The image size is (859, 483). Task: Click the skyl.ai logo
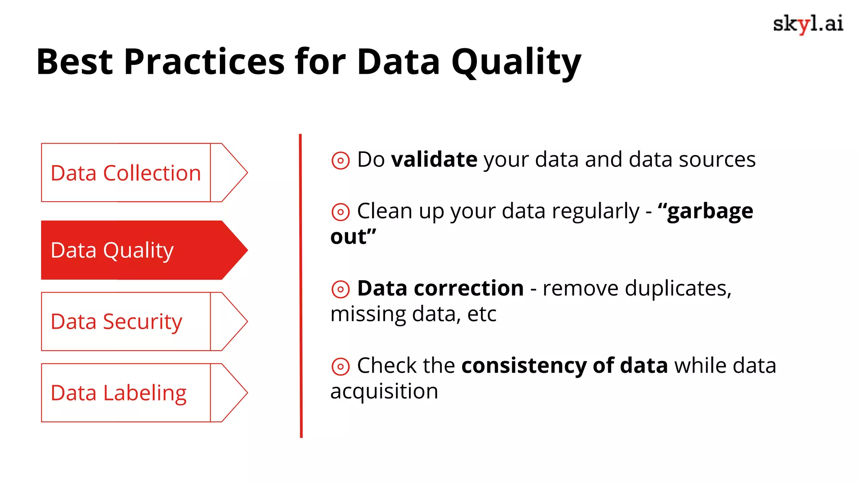pos(807,24)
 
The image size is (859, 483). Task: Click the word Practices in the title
pos(204,62)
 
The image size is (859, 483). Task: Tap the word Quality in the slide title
pos(516,62)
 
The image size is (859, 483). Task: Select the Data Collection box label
pos(125,173)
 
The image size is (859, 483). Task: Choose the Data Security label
pos(116,322)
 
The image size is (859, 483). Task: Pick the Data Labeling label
pos(118,393)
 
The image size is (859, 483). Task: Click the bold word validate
pos(434,160)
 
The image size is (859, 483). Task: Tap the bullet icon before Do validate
pos(340,161)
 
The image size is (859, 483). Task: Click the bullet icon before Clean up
pos(340,212)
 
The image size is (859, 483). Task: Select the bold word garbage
pos(710,211)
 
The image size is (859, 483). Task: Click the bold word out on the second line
pos(349,237)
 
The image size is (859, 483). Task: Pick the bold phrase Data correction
pos(440,288)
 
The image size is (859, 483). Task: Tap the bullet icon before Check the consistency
pos(340,366)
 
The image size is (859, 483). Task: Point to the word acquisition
pos(384,392)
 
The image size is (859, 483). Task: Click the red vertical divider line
pos(301,285)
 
